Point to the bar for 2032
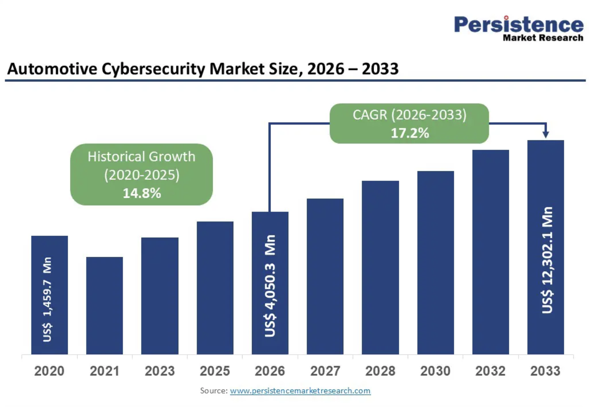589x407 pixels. tap(491, 252)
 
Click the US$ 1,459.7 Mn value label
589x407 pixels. tap(47, 299)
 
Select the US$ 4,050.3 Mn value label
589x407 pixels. tap(270, 286)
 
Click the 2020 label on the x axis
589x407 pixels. tap(49, 371)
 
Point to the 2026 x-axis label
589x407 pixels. tap(270, 371)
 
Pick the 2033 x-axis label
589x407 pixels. tap(545, 371)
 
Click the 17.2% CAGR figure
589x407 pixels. tap(410, 133)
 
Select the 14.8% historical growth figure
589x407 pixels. tap(142, 193)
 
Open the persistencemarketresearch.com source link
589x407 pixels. tap(300, 391)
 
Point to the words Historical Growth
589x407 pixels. tap(141, 157)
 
